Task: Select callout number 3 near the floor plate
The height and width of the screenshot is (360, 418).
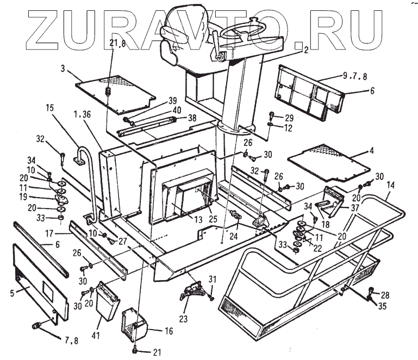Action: [63, 70]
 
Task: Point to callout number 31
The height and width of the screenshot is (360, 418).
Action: [213, 279]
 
